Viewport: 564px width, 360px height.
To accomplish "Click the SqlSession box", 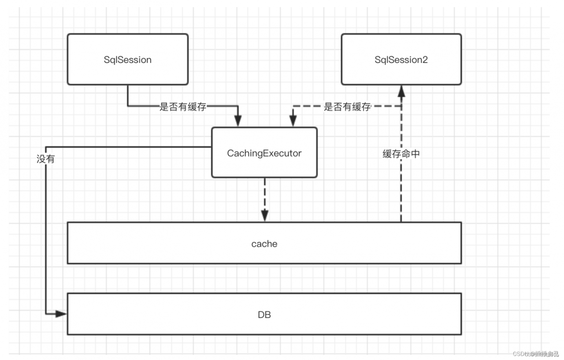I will [127, 59].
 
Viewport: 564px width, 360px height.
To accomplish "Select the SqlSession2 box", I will [401, 59].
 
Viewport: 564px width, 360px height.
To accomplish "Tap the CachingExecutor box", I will [264, 153].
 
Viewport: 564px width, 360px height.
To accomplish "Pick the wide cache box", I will [264, 243].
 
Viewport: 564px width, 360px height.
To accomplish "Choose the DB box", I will [264, 315].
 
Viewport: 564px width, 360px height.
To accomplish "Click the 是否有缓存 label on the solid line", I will [182, 107].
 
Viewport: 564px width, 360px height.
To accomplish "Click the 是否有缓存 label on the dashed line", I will [347, 107].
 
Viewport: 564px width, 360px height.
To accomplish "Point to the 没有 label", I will [45, 159].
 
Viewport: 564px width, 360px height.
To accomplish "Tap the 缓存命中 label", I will [401, 154].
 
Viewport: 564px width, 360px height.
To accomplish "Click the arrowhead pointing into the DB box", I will [61, 314].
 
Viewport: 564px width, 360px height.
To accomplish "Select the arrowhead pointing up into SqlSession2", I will [401, 90].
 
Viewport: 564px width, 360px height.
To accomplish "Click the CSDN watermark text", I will [535, 353].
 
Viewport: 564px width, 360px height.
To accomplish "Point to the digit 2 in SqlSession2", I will [425, 60].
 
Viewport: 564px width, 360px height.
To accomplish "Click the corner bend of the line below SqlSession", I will [128, 106].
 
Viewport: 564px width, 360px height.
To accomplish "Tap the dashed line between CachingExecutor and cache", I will [264, 194].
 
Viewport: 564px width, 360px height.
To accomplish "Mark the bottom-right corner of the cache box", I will [461, 263].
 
